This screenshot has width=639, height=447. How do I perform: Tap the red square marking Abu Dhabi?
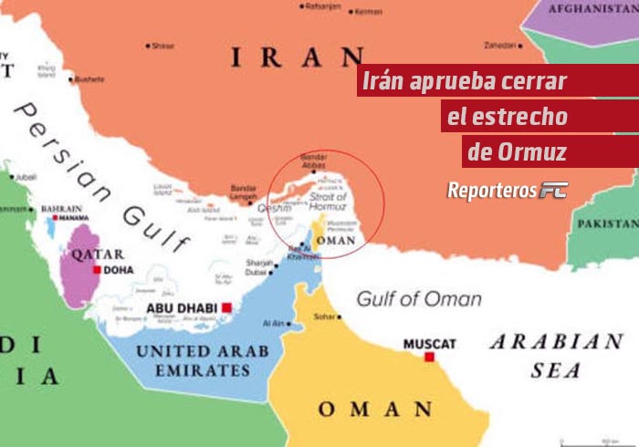coord(226,308)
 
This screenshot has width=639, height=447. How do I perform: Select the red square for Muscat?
coord(429,358)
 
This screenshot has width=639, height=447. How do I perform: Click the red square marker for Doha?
coord(97,270)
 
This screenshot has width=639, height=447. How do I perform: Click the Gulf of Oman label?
coord(419,298)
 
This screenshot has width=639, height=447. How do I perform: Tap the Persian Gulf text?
coord(100,173)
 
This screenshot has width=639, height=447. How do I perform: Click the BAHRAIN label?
coord(61,208)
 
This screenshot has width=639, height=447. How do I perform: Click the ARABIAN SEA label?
coord(556,355)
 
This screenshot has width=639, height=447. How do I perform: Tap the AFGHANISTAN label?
coord(592,8)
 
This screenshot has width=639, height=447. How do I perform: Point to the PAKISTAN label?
coord(608,223)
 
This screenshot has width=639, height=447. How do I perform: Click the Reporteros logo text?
coord(491,190)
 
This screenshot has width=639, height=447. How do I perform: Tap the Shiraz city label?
coord(162,46)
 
